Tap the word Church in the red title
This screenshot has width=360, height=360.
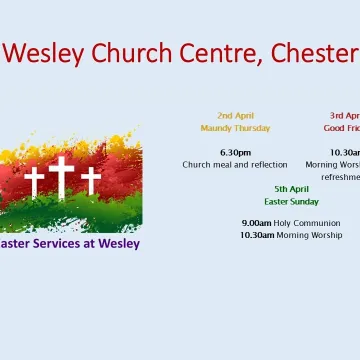[132, 52]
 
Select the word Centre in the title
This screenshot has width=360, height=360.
[216, 52]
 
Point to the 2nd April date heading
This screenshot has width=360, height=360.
[235, 116]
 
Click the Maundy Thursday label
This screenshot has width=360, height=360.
[235, 129]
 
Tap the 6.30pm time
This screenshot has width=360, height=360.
[235, 152]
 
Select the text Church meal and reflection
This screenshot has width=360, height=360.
[235, 165]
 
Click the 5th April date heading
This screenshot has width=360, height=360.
[292, 188]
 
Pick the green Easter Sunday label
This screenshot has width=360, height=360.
[292, 201]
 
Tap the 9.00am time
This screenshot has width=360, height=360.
[257, 223]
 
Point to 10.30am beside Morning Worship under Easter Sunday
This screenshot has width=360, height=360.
[258, 236]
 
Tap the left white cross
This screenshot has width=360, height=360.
[34, 181]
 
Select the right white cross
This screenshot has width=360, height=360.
[91, 180]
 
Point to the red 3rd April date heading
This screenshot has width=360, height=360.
[345, 116]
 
